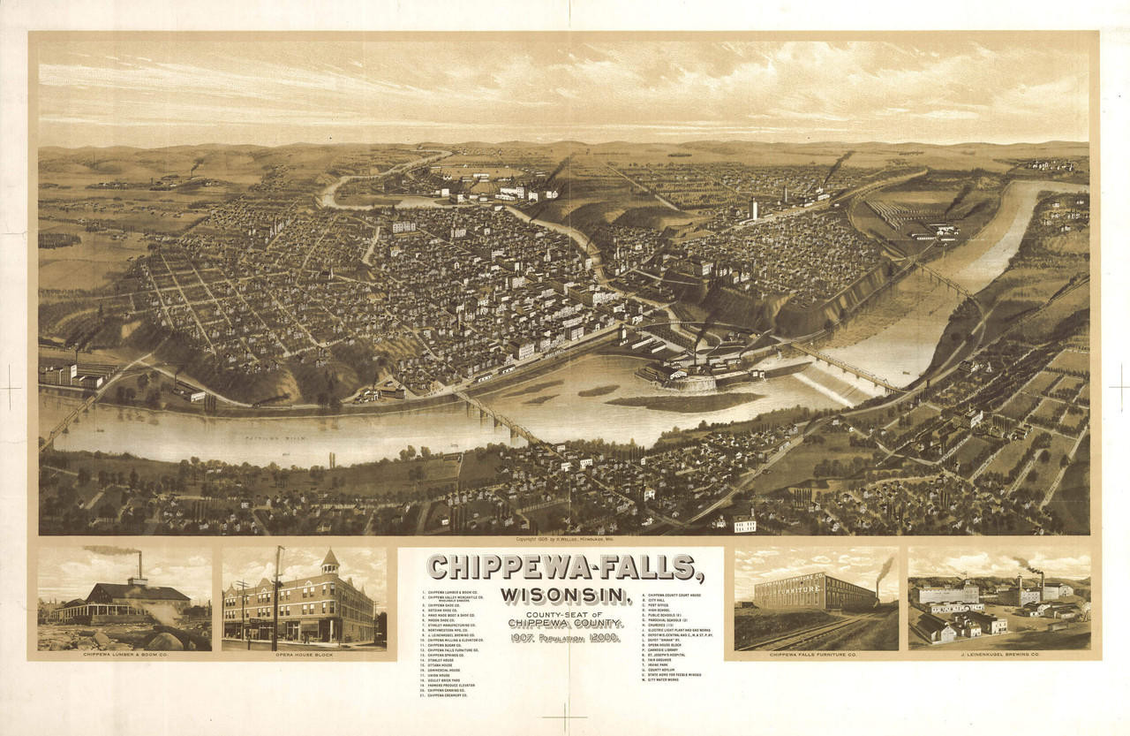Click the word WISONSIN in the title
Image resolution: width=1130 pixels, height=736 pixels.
tap(566, 595)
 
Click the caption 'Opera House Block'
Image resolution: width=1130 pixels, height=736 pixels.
tap(304, 655)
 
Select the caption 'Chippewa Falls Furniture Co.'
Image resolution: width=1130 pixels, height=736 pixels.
tap(813, 655)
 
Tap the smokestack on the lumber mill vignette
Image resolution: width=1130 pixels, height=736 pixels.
tap(140, 565)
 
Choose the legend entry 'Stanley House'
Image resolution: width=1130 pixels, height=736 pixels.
tap(436, 658)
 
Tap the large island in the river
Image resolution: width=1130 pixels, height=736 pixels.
tap(684, 401)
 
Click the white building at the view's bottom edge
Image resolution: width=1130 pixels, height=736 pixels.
tap(744, 525)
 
